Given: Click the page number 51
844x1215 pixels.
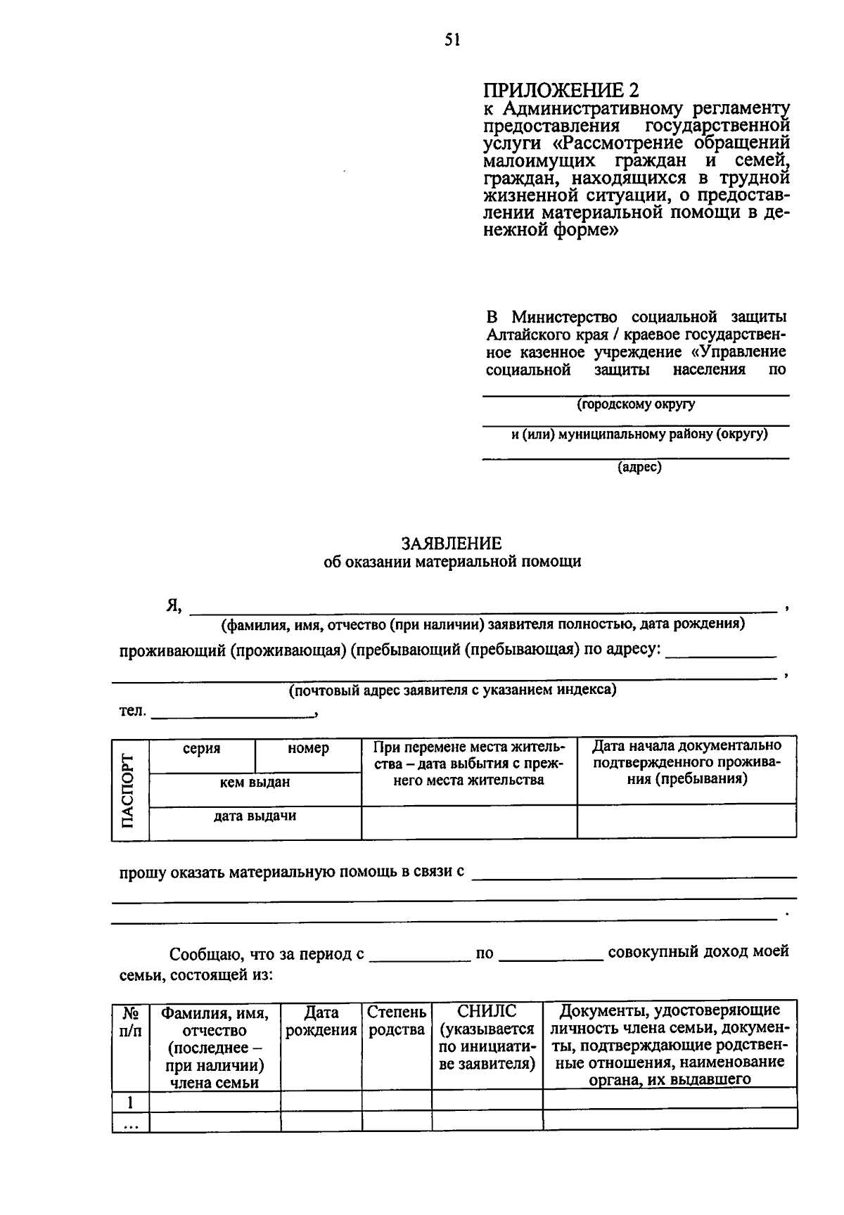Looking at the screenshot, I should (452, 41).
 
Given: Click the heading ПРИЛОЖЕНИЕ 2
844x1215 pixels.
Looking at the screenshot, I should (562, 91).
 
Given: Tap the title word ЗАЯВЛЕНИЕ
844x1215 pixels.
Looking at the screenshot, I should (452, 544).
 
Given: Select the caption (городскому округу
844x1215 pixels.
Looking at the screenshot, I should (636, 404).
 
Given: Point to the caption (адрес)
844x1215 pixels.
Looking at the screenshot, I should (639, 467).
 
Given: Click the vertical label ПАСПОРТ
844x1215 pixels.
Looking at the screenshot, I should (128, 790).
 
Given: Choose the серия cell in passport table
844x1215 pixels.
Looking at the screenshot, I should (202, 749).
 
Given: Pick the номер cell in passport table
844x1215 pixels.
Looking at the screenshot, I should (308, 749).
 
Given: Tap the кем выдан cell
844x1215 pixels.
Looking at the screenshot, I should (255, 783).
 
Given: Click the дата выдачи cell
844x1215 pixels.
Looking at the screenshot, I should (255, 816).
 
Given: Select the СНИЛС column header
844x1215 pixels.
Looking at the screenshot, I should (487, 1038).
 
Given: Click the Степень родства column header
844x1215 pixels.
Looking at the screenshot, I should (397, 1021).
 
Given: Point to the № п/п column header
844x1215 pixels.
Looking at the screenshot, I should (131, 1022).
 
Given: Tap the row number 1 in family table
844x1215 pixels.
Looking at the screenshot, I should (131, 1101).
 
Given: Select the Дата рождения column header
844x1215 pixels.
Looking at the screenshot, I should (321, 1021).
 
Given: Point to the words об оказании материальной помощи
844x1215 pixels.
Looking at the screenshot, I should (452, 562).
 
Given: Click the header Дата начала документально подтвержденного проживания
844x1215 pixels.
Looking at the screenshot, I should (686, 762).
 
